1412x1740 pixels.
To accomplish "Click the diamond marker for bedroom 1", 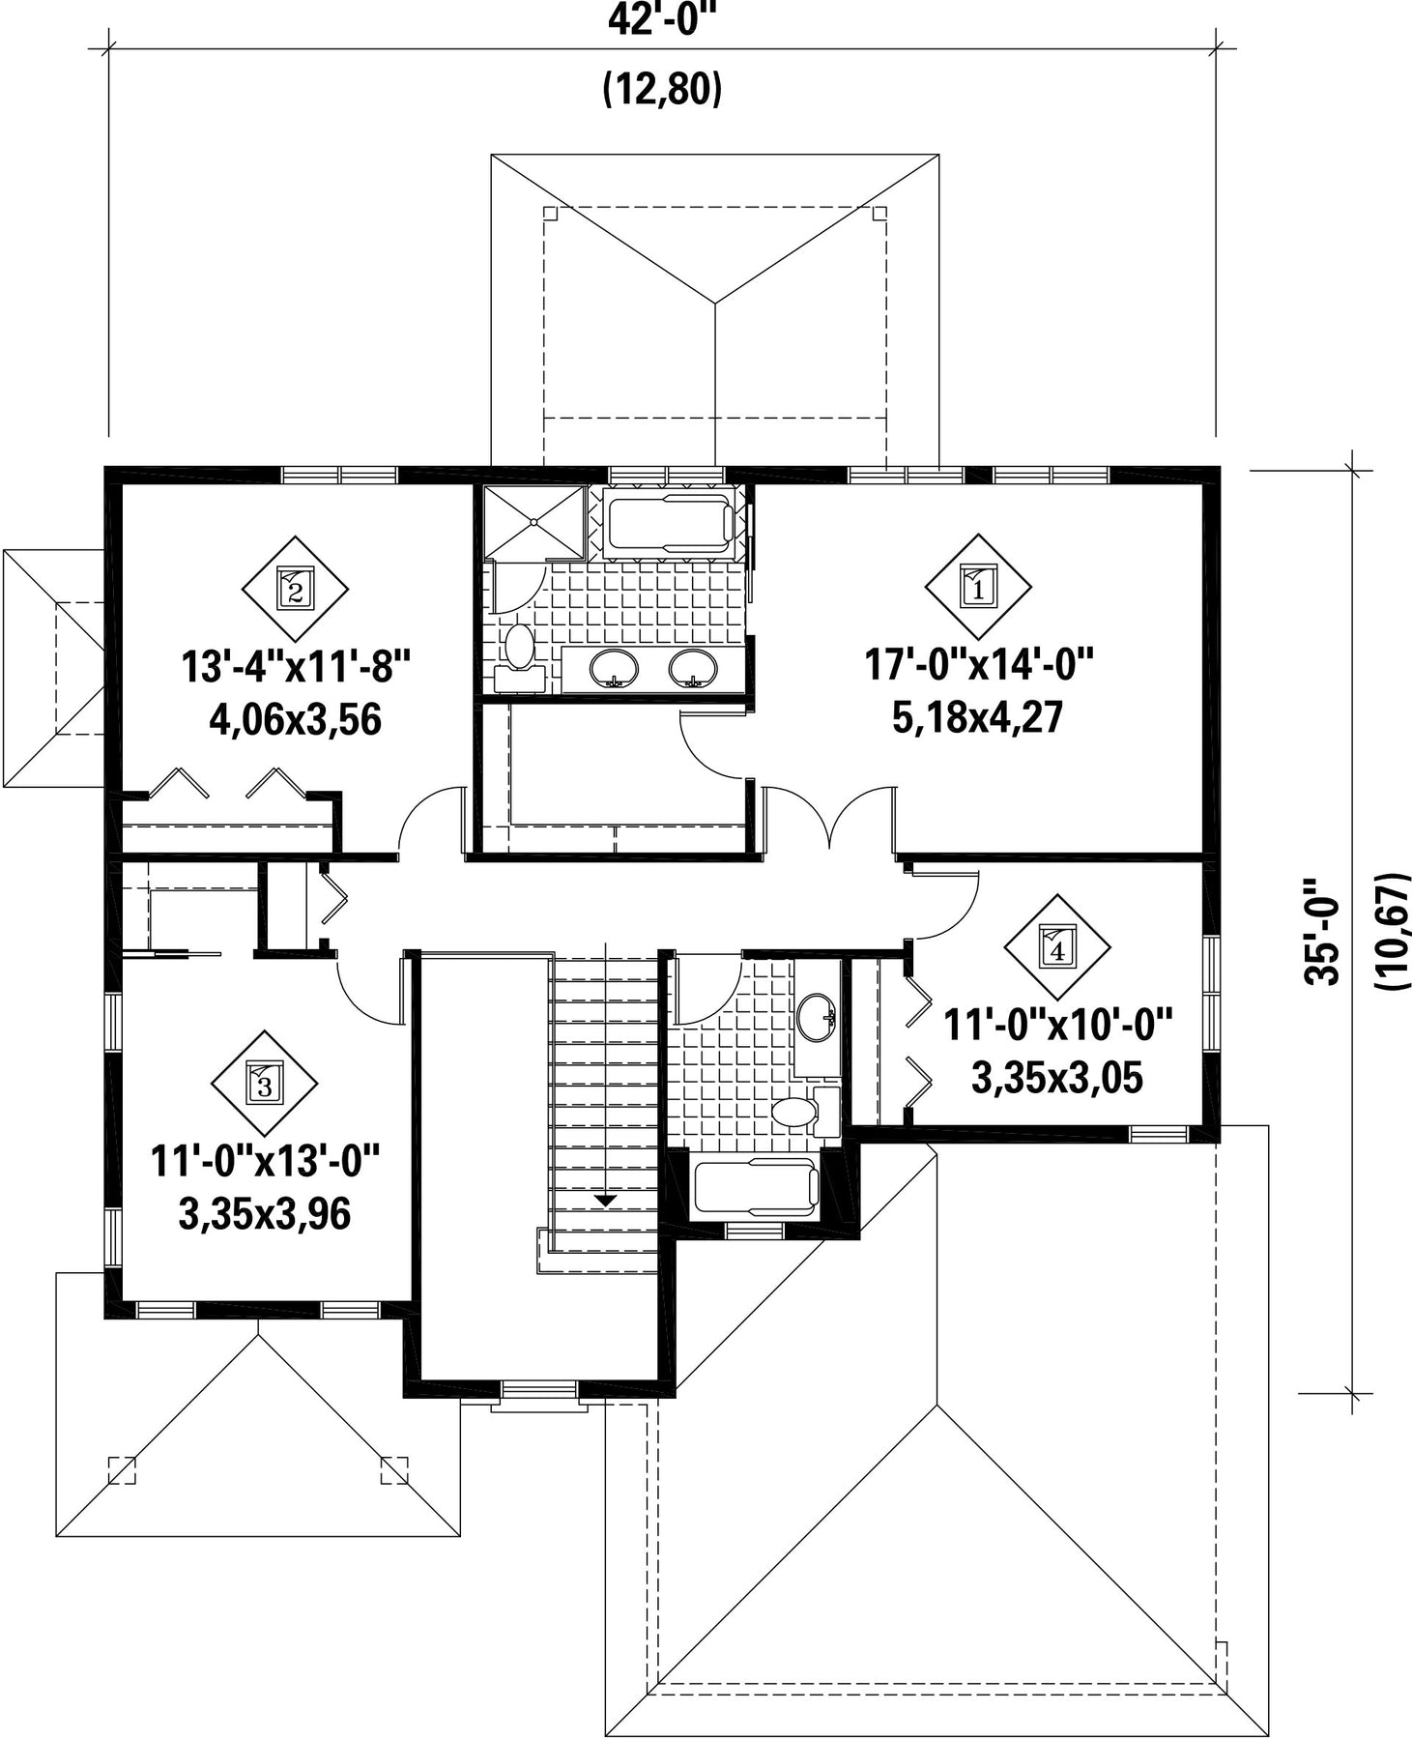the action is click(x=978, y=587).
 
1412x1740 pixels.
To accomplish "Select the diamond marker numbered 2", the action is click(x=295, y=589).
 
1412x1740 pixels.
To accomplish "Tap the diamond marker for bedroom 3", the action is click(x=266, y=1083).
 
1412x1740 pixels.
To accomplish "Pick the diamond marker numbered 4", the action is click(x=1057, y=946).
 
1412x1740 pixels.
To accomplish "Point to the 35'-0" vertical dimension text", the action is click(x=1322, y=932).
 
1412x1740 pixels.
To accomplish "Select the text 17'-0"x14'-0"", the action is click(x=978, y=666).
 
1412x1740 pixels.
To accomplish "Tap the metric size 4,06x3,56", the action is click(x=295, y=720).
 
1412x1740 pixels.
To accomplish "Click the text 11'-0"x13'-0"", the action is click(x=265, y=1161).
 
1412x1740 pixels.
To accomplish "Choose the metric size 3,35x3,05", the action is click(x=1057, y=1078).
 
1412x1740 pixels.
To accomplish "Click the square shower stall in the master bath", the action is click(x=534, y=522).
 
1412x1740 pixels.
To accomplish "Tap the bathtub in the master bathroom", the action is click(x=668, y=523).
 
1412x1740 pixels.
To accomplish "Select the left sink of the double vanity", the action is click(x=614, y=667).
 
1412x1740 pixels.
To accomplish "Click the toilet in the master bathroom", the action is click(x=519, y=654).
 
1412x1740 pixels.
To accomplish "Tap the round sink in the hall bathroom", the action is click(x=818, y=1017).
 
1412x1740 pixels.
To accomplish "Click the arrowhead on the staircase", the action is click(x=605, y=1202).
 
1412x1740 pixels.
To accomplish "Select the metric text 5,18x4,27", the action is click(x=978, y=718).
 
